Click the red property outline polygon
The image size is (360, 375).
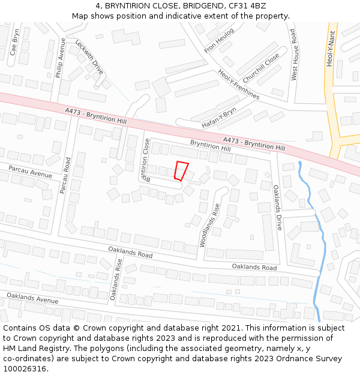[x=181, y=170]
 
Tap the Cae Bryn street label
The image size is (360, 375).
[x=15, y=42]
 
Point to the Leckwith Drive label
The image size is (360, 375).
[x=89, y=57]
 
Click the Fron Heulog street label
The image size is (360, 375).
[x=219, y=41]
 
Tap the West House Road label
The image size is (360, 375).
[x=294, y=55]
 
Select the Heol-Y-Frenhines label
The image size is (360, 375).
[x=239, y=83]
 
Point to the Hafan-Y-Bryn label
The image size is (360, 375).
[x=219, y=117]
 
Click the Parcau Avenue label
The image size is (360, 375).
[x=31, y=172]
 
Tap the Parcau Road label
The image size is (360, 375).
[x=65, y=175]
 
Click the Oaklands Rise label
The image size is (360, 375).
[x=116, y=278]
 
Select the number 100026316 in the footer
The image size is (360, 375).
[x=25, y=368]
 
